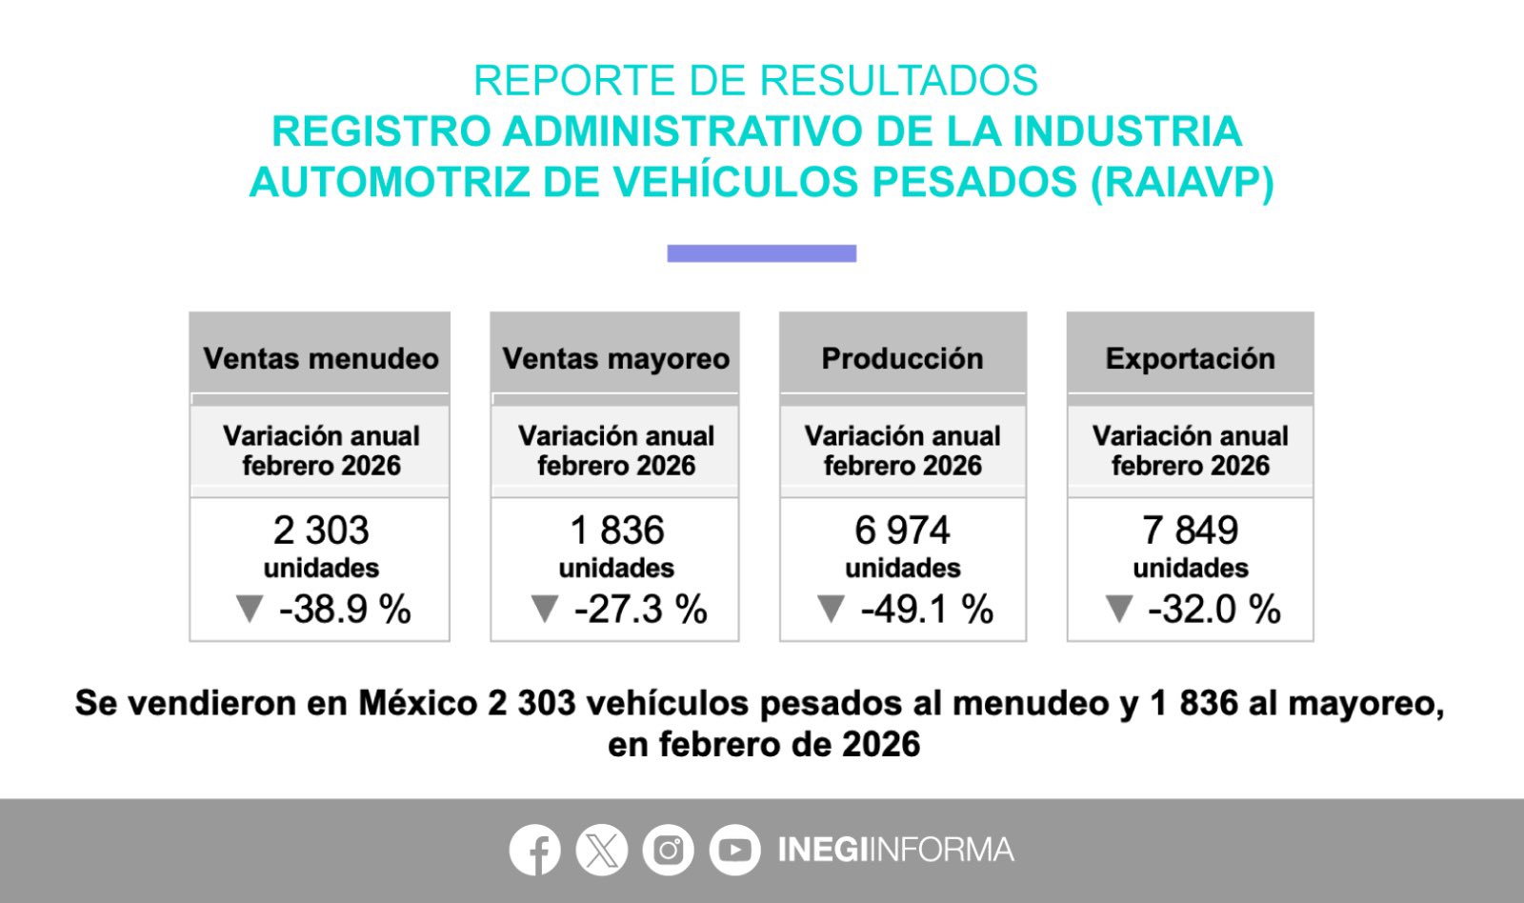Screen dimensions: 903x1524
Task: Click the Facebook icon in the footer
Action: tap(534, 850)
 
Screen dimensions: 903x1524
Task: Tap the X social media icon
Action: tap(602, 850)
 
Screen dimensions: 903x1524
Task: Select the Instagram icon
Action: tap(668, 850)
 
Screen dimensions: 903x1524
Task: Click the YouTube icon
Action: tap(734, 850)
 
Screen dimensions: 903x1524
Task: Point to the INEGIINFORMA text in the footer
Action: tap(895, 850)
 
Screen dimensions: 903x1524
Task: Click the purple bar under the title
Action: tap(761, 253)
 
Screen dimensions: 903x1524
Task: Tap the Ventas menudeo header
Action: tap(321, 358)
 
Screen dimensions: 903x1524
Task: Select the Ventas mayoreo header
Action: tap(615, 358)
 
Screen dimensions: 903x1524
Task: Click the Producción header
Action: tap(902, 358)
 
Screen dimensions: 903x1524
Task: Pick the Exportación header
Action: tap(1190, 358)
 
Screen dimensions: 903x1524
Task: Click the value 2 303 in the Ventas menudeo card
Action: tap(321, 531)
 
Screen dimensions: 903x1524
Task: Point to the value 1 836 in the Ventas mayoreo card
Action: tap(616, 531)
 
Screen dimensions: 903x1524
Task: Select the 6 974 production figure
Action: tap(902, 531)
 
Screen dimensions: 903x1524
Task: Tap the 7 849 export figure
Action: tap(1190, 531)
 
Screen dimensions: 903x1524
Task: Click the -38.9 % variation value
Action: tap(345, 610)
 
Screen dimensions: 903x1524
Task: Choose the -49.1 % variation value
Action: tap(927, 610)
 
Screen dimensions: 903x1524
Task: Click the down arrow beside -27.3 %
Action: tap(545, 609)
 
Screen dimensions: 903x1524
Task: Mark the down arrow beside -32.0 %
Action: tap(1119, 609)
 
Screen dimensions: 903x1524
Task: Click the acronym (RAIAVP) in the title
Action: tap(1182, 182)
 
